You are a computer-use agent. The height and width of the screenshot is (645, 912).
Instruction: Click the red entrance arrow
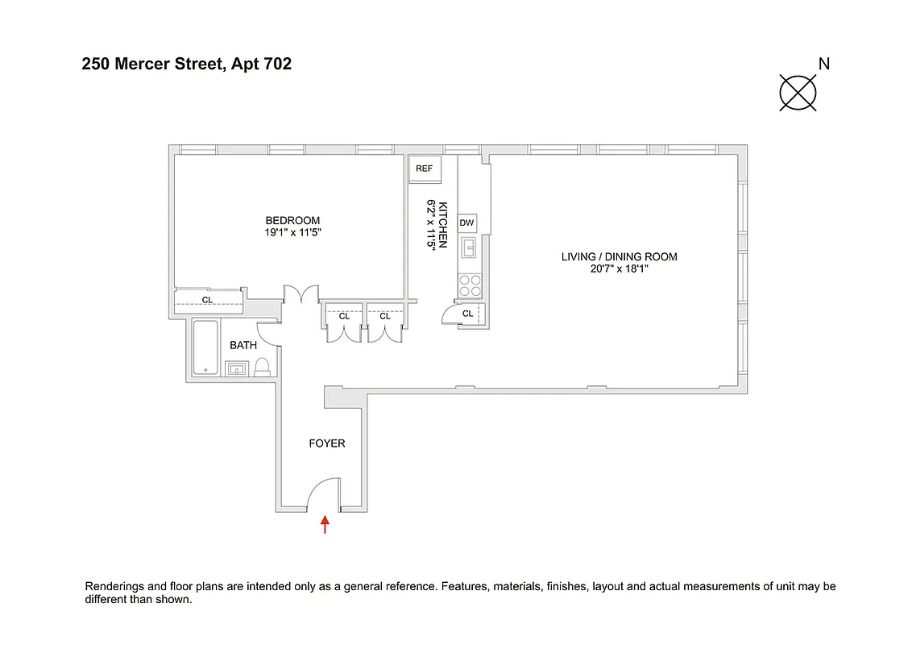325,525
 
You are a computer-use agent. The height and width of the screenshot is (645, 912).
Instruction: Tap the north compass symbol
798,92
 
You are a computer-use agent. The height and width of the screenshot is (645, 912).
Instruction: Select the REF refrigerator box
425,169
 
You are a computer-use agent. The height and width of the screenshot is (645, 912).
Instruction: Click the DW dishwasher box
467,223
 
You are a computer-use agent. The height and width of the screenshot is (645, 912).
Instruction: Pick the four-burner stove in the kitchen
470,285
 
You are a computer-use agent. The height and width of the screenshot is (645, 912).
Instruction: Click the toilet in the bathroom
262,368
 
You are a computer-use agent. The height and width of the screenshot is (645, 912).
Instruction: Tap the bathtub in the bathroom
206,348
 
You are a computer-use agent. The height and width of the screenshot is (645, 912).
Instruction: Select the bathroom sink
236,369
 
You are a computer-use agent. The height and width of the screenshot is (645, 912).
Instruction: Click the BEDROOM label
292,220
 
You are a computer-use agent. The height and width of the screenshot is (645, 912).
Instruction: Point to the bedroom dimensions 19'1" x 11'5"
292,232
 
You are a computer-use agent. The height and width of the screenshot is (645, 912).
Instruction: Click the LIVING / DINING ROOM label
619,257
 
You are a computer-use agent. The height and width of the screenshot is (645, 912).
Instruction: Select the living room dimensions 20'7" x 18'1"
619,269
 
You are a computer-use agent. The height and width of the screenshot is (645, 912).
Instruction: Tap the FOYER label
327,443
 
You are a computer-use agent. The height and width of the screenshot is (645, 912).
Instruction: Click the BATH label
243,345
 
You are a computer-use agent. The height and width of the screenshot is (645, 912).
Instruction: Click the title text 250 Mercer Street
151,64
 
